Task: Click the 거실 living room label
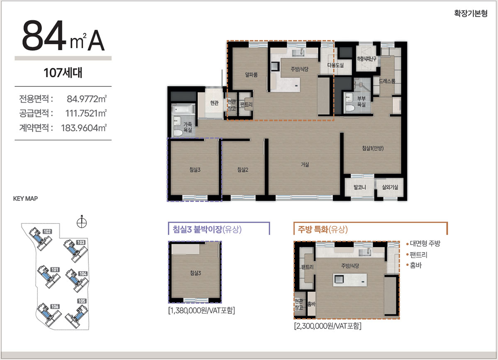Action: (305, 164)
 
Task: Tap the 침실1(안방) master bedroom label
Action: (373, 148)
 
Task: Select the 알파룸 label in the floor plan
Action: (251, 75)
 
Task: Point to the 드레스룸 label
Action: (387, 81)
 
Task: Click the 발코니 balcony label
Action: (360, 187)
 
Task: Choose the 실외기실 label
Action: (390, 187)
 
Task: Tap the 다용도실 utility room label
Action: (335, 65)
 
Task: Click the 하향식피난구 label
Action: (366, 59)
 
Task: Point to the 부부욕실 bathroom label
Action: (361, 101)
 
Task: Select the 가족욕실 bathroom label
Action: (188, 127)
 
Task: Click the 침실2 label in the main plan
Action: (242, 169)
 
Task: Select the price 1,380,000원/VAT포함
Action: (202, 310)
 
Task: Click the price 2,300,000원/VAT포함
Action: (328, 326)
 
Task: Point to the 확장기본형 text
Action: (471, 13)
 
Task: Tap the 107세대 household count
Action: (63, 73)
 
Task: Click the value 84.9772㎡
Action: (87, 99)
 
